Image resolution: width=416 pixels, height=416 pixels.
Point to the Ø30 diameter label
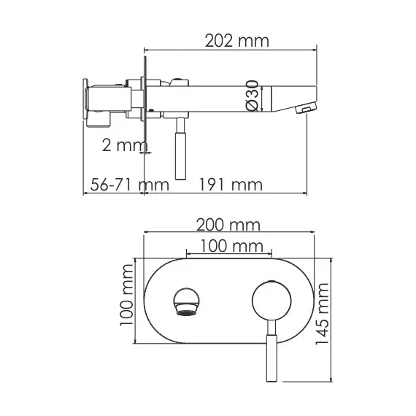tap(251, 96)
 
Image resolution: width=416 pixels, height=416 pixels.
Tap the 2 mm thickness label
tap(122, 145)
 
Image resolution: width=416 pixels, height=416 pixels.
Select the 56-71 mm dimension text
tap(125, 184)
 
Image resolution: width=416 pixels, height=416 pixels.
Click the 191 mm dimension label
tap(230, 184)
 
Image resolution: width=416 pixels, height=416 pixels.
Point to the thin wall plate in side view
tap(145, 102)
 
